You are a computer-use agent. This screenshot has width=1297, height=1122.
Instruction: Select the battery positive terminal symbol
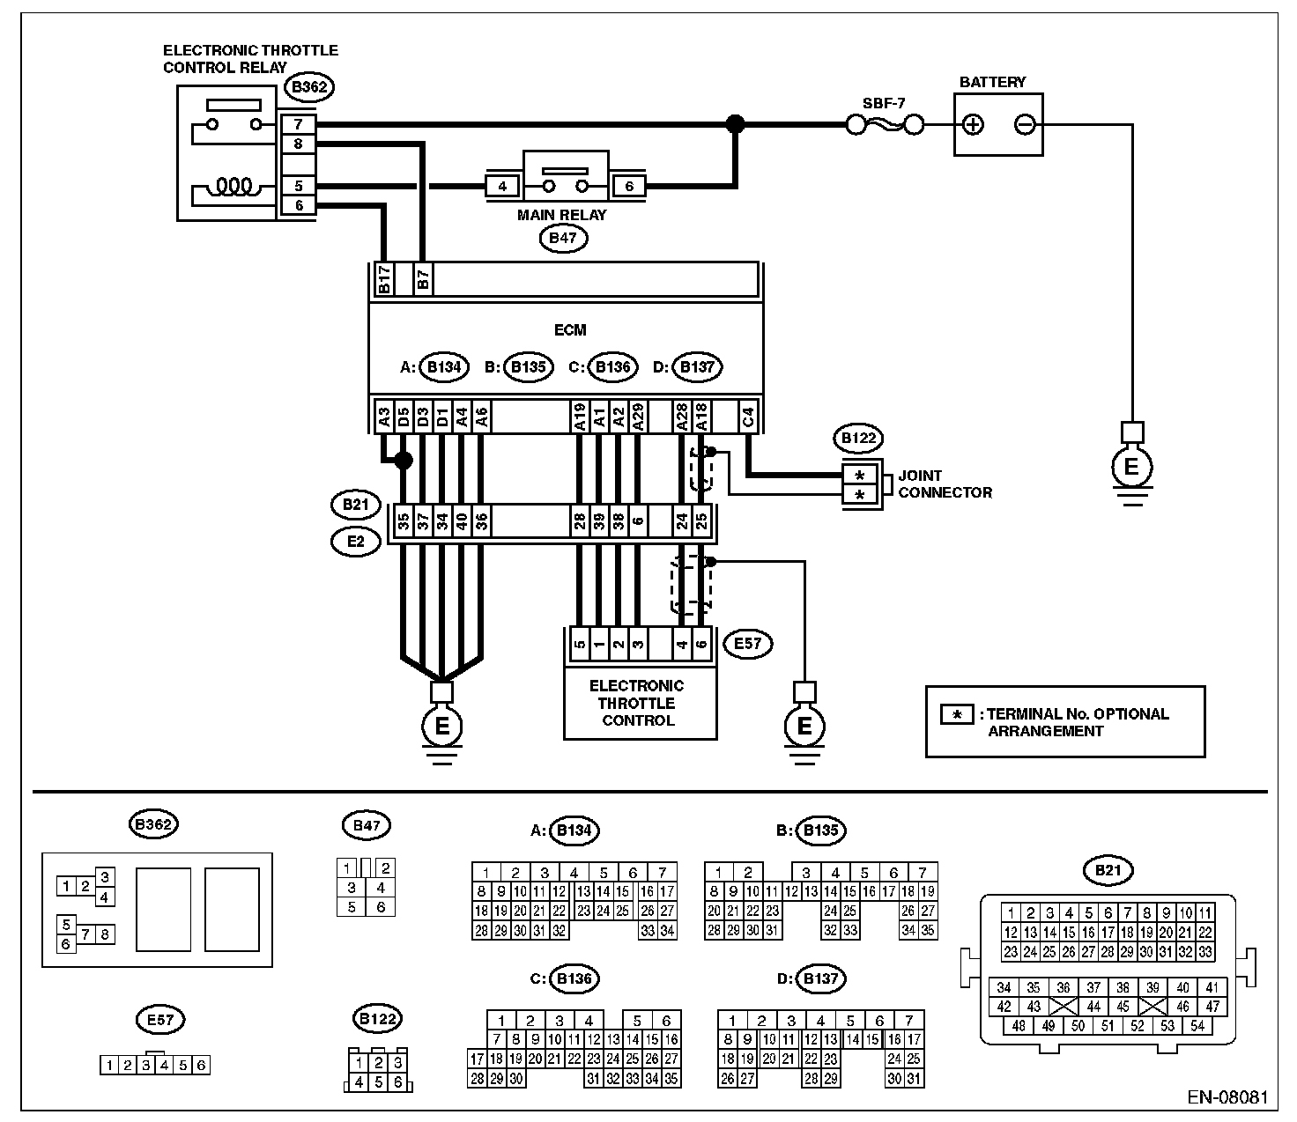point(973,125)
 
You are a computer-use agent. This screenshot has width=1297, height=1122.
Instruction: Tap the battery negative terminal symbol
point(1025,125)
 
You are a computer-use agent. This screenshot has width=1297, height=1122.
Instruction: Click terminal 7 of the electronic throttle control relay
point(299,125)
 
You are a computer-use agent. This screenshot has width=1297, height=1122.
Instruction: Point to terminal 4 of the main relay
point(502,187)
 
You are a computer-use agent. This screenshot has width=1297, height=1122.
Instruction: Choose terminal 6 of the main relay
point(629,187)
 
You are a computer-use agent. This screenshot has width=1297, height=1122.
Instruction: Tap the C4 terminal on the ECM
point(748,417)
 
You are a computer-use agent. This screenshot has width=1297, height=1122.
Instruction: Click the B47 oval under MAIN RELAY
point(562,238)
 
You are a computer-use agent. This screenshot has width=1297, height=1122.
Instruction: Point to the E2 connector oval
point(355,541)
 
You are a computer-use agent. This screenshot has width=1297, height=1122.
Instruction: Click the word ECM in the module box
point(570,330)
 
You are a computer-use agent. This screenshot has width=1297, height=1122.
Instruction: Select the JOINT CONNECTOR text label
point(945,484)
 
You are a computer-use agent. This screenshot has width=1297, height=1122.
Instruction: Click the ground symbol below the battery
point(1130,467)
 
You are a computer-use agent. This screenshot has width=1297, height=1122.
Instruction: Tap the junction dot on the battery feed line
point(734,125)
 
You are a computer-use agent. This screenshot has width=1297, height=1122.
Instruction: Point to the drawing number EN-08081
point(1226,1098)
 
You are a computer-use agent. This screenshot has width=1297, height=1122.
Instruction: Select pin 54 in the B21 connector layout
point(1197,1025)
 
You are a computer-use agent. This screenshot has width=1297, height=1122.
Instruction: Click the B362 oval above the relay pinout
point(153,825)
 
